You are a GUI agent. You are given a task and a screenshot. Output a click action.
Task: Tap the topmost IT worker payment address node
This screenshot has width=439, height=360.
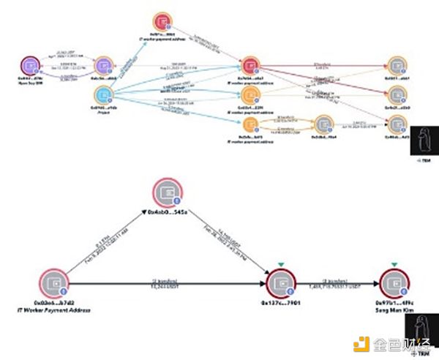coord(162,22)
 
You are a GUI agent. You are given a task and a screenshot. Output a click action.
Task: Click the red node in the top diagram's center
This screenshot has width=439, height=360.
coord(249,64)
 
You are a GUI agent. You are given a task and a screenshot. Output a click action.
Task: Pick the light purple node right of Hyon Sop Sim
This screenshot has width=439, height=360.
coord(102,64)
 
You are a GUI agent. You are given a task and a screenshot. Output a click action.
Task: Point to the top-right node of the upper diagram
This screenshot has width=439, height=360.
coord(397,64)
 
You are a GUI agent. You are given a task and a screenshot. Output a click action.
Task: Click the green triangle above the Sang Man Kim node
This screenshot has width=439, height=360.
coord(394,264)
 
